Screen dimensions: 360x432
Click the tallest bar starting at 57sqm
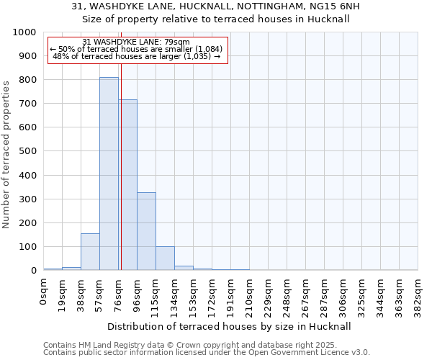point(109,174)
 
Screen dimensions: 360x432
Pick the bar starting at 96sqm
point(146,231)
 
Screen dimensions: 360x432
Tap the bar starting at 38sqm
point(90,252)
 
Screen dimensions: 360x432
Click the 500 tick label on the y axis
point(27,152)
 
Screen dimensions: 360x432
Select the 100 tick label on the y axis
point(27,247)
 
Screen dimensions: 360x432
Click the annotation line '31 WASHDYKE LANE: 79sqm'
point(137,42)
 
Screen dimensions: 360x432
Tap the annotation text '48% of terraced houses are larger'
point(137,56)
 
